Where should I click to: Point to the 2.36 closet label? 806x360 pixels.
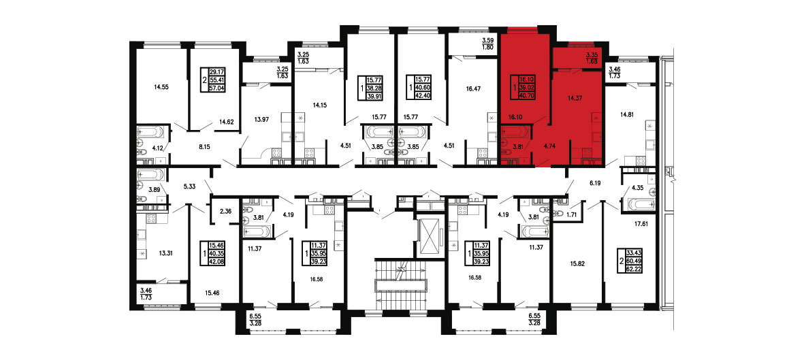point(225,210)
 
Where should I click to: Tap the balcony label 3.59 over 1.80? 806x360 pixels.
point(488,44)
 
